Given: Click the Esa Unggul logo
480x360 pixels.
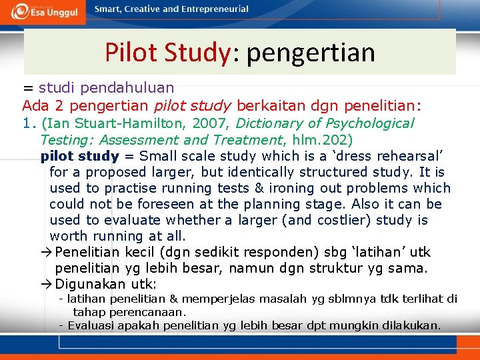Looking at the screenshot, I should coord(45,11).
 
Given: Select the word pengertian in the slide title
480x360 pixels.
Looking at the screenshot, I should coord(311,52).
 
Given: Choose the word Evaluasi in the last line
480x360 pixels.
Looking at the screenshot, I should coord(90,325).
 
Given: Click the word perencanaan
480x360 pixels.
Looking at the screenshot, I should coord(151,311).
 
